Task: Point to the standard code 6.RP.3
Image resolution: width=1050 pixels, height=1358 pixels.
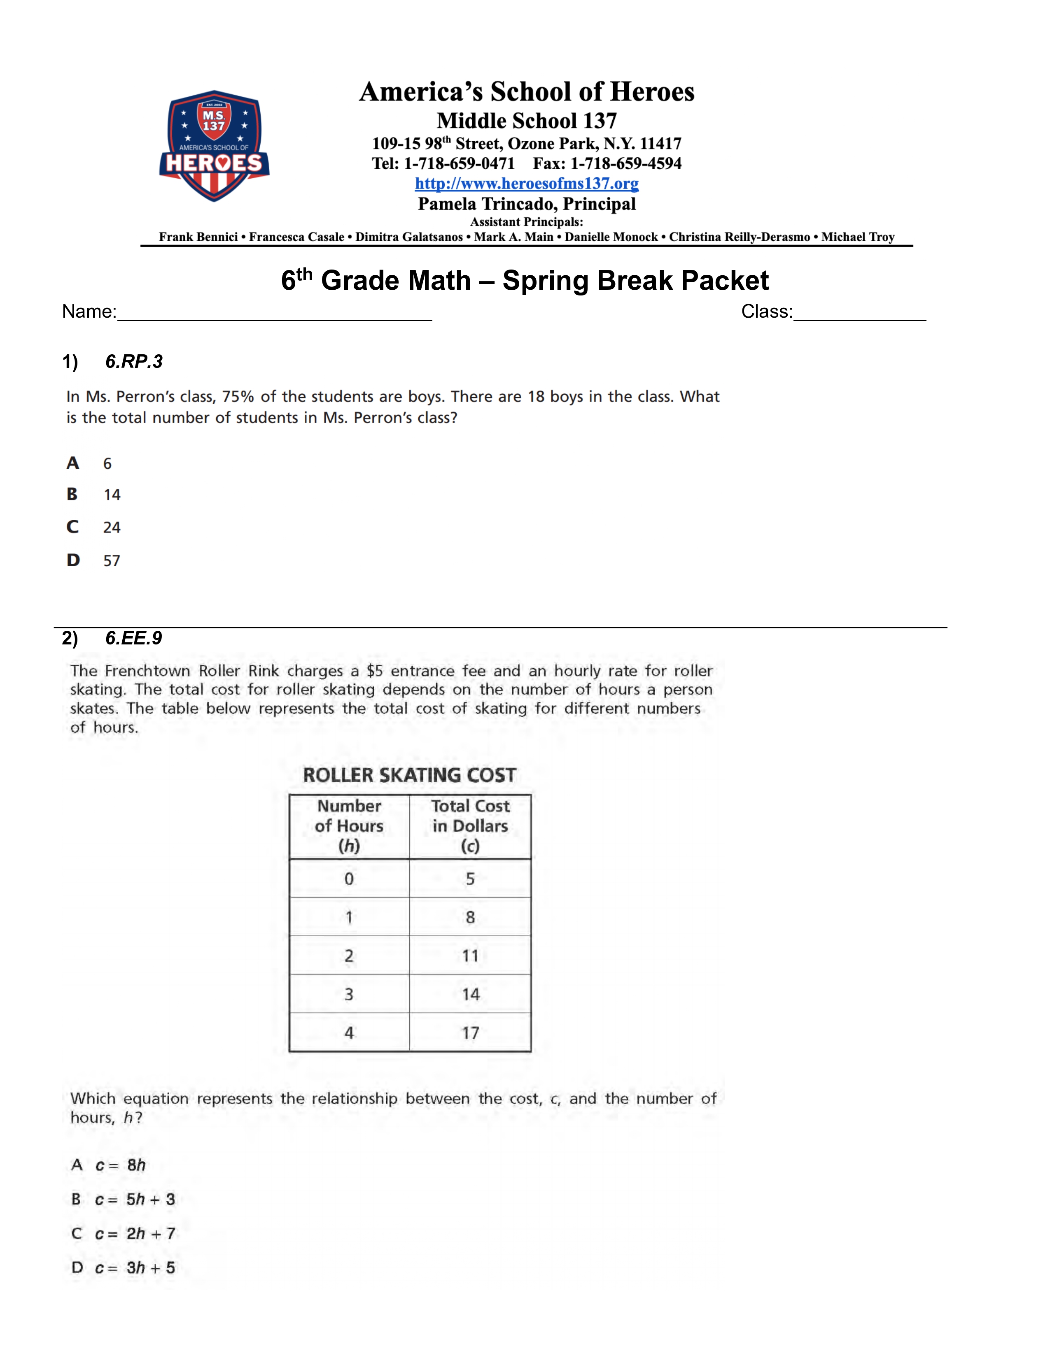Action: (x=134, y=361)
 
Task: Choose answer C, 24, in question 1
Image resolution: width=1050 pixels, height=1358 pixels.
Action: (x=111, y=527)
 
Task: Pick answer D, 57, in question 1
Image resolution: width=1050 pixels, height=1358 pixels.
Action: (x=111, y=560)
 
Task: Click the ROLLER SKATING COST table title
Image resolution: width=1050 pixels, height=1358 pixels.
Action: (x=409, y=775)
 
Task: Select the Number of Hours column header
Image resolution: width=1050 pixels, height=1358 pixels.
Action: (x=349, y=826)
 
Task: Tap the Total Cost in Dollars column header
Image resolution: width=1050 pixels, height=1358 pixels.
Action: (x=470, y=826)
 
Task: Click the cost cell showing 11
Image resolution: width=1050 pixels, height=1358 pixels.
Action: (x=470, y=956)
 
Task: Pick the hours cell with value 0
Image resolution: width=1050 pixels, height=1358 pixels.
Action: (x=349, y=879)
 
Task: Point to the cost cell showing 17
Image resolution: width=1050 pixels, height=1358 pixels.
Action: (x=470, y=1033)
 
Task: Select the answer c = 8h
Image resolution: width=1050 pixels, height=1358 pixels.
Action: (x=121, y=1165)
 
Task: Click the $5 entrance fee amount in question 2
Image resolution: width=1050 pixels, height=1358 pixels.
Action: (x=374, y=671)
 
